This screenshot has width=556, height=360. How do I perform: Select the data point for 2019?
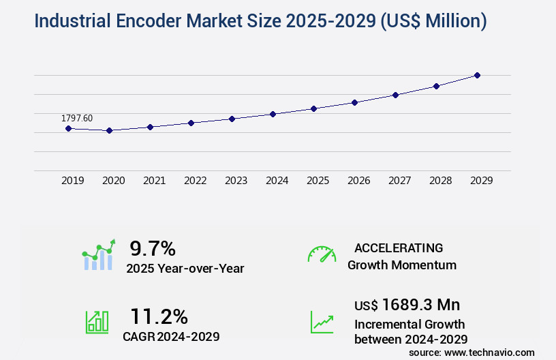68,128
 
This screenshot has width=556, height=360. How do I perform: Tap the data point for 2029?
477,75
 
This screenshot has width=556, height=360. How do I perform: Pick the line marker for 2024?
273,114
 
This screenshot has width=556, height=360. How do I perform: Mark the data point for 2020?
109,130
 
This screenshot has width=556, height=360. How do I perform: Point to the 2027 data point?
395,95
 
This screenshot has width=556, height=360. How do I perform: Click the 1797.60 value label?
77,118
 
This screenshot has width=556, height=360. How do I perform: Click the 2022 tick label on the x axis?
196,181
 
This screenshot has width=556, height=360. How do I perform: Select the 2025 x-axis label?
318,181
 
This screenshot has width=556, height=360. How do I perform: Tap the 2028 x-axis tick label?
441,181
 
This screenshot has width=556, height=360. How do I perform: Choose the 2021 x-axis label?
155,181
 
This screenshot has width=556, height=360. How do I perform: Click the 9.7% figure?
153,248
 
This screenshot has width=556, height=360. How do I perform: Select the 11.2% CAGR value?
159,316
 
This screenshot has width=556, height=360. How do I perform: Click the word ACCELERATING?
399,248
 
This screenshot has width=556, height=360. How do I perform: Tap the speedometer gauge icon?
322,254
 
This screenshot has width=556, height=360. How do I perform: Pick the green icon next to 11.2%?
97,322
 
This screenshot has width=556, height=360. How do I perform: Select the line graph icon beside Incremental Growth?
322,322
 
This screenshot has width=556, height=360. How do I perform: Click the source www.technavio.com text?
472,352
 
